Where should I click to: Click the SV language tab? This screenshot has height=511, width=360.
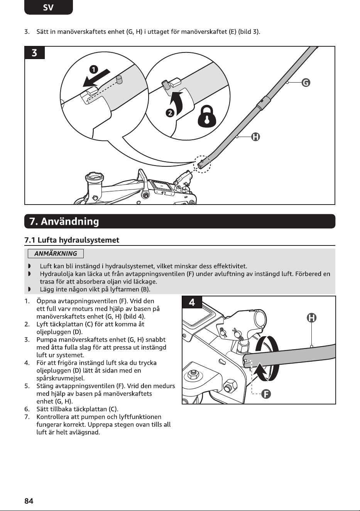point(49,7)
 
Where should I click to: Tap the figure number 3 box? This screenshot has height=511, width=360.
point(34,53)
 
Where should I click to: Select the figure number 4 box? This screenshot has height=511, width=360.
point(192,302)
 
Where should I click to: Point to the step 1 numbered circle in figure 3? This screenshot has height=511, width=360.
point(93,69)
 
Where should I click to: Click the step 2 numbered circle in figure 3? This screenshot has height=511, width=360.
point(170,113)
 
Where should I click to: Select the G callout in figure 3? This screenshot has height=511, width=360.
point(306,82)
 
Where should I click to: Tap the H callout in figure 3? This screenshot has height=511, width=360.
point(255,137)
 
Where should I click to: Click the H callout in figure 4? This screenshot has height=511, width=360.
point(312,318)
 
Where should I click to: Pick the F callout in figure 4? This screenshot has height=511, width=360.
point(266,394)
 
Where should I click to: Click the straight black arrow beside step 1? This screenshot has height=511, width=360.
point(96,78)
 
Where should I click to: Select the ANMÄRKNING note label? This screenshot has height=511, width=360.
point(56,254)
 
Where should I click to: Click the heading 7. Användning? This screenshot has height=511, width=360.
point(64,221)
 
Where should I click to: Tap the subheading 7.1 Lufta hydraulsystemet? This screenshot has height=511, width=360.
point(72,240)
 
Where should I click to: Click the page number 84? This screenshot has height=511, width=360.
point(29,501)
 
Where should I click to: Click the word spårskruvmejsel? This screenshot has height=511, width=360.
point(61,379)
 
